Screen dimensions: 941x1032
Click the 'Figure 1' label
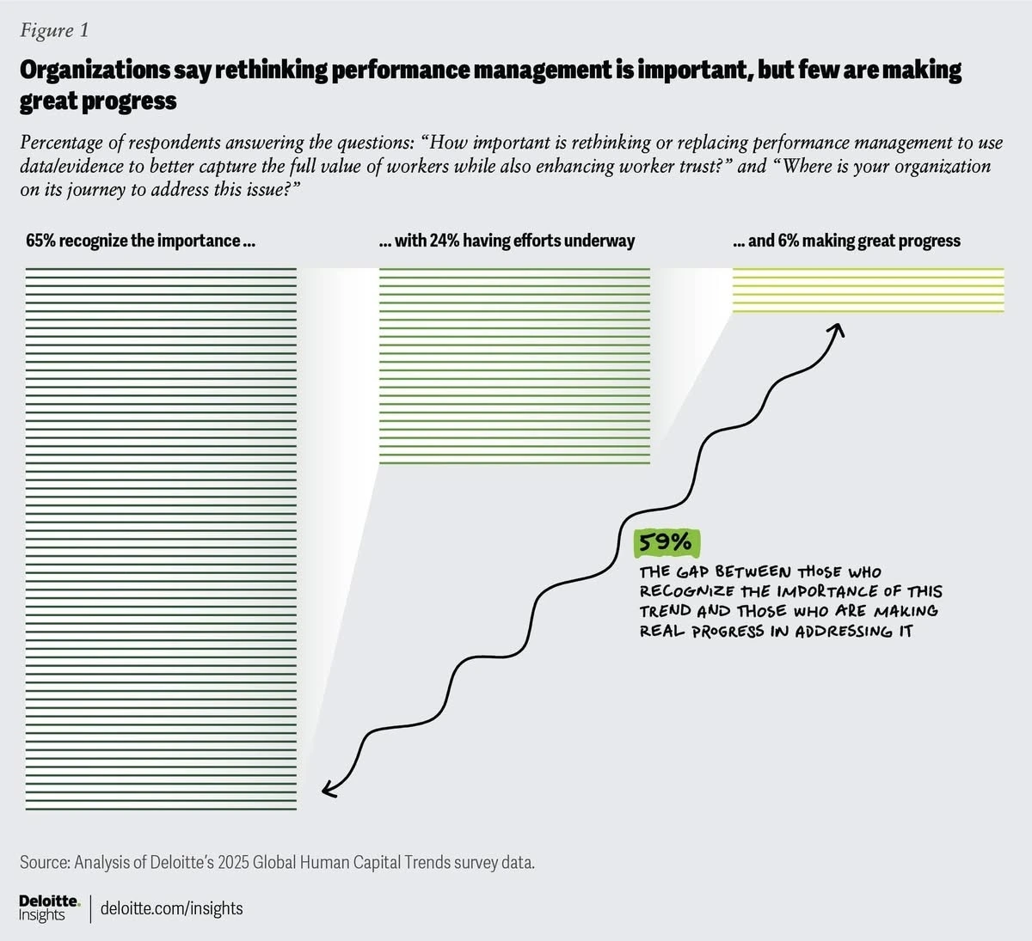pyautogui.click(x=54, y=31)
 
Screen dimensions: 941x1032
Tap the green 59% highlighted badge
pyautogui.click(x=665, y=542)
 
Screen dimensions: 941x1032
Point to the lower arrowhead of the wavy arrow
pyautogui.click(x=328, y=789)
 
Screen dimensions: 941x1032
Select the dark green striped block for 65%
pyautogui.click(x=161, y=539)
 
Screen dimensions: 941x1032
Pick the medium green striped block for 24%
pyautogui.click(x=514, y=366)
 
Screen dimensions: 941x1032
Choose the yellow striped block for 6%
pyautogui.click(x=868, y=290)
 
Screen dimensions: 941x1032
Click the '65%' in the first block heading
pyautogui.click(x=40, y=241)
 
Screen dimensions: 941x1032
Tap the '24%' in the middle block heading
pyautogui.click(x=445, y=241)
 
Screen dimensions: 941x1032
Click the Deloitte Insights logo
pyautogui.click(x=49, y=907)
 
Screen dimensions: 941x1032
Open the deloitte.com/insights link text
pyautogui.click(x=172, y=908)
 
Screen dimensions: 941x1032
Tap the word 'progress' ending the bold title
pyautogui.click(x=129, y=101)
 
